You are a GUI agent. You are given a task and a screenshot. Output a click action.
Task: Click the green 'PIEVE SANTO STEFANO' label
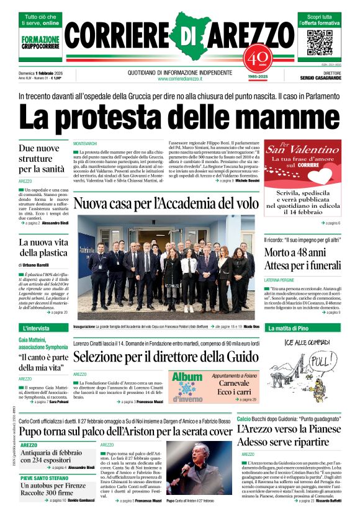point(45,478)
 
